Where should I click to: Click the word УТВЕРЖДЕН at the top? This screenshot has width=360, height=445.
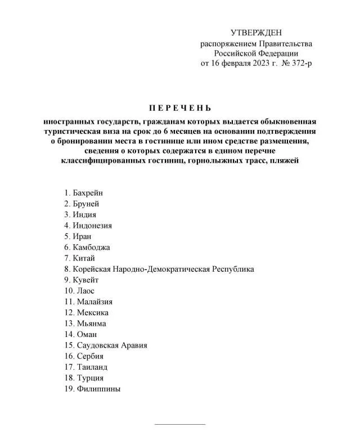pyautogui.click(x=256, y=34)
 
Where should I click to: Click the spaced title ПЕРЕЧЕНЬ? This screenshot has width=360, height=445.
pyautogui.click(x=180, y=107)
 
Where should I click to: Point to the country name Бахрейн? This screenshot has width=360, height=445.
pyautogui.click(x=88, y=193)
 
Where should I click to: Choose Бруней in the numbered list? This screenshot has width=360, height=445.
pyautogui.click(x=86, y=204)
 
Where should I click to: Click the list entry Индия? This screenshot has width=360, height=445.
pyautogui.click(x=84, y=215)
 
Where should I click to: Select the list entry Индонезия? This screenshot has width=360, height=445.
pyautogui.click(x=92, y=226)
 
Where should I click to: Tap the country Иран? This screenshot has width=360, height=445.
pyautogui.click(x=82, y=236)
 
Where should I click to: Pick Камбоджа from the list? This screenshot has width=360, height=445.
pyautogui.click(x=91, y=248)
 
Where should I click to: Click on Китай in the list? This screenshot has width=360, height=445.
pyautogui.click(x=84, y=258)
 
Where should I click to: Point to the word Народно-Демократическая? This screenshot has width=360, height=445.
pyautogui.click(x=160, y=269)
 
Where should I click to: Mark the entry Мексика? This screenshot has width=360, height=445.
pyautogui.click(x=93, y=313)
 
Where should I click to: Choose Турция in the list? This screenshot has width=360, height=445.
pyautogui.click(x=90, y=378)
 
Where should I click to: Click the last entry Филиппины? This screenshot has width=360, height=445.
pyautogui.click(x=98, y=389)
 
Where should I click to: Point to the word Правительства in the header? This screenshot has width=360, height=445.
pyautogui.click(x=285, y=44)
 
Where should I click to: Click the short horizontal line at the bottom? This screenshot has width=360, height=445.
pyautogui.click(x=180, y=424)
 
